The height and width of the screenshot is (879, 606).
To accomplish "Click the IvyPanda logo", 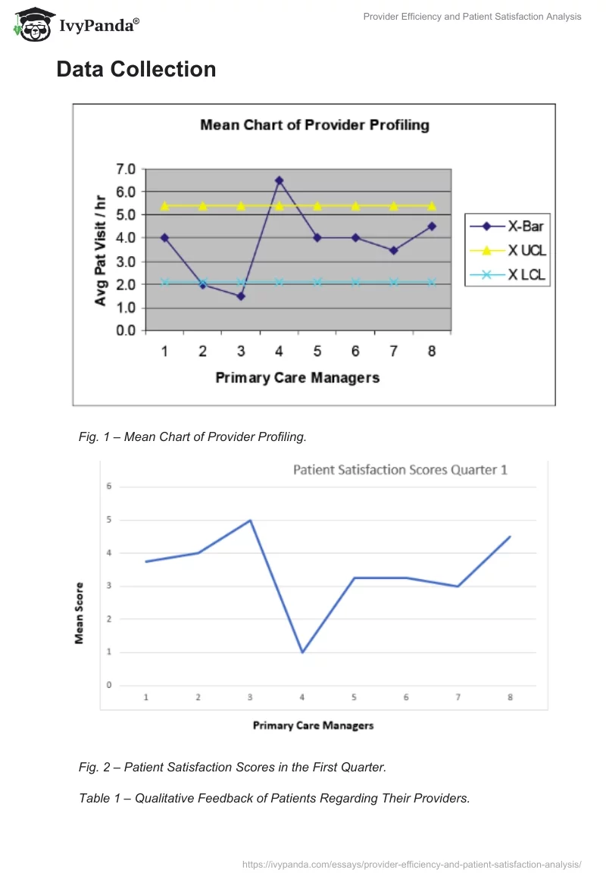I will click(x=77, y=26).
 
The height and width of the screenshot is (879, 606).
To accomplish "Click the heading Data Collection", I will click(x=136, y=70).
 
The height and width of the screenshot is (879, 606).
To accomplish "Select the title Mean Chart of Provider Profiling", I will click(x=314, y=125).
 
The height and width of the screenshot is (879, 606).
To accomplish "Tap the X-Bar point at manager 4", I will click(x=279, y=180).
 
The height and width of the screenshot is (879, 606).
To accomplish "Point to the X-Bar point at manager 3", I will click(x=241, y=296).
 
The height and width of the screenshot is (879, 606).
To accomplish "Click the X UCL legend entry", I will click(x=506, y=251).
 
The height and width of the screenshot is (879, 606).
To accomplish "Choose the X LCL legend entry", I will click(x=506, y=276).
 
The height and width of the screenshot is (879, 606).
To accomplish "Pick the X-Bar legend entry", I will click(x=506, y=226).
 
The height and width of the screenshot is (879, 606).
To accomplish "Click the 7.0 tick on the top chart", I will click(x=125, y=168).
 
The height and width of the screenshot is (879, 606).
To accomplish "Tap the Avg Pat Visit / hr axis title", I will click(x=101, y=249).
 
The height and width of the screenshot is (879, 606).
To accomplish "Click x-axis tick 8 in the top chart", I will click(x=432, y=352).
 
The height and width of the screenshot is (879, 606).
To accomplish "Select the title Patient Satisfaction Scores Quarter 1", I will click(x=400, y=470).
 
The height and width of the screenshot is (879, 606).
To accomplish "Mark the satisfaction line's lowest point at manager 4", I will click(x=302, y=652).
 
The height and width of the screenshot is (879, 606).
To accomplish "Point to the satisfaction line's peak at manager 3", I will click(x=250, y=521).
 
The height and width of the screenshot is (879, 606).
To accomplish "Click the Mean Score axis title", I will click(x=80, y=613).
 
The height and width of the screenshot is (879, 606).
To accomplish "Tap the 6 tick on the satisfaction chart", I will click(x=108, y=486).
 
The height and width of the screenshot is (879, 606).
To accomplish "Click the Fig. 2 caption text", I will click(x=233, y=767).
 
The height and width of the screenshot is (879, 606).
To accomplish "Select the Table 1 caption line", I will click(x=274, y=797).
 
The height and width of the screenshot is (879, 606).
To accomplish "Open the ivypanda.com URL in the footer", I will click(x=411, y=864).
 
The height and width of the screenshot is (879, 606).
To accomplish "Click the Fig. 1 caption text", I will click(x=192, y=436).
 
